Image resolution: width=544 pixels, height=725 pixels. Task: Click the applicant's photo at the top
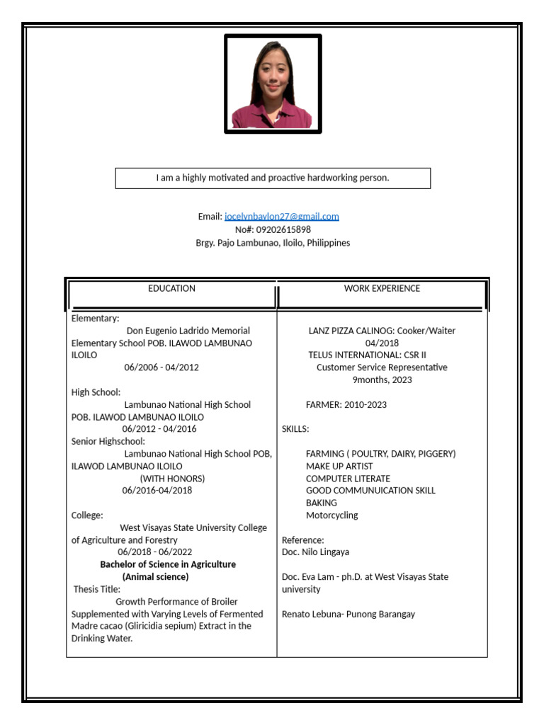[x=273, y=84]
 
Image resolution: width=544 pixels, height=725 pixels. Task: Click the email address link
[x=281, y=217]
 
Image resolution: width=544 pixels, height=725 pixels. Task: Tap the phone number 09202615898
[x=273, y=229]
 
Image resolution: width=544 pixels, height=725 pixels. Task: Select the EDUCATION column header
[x=171, y=289]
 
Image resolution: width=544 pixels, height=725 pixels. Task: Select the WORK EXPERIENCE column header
[x=382, y=289]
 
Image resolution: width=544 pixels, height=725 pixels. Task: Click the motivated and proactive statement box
[x=273, y=178]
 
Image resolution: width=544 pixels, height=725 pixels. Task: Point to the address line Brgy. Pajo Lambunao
[x=273, y=243]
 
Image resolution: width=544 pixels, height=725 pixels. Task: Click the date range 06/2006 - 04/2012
[x=161, y=367]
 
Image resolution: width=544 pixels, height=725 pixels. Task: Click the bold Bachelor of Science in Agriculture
[x=168, y=564]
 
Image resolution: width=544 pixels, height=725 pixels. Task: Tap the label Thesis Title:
[x=97, y=589]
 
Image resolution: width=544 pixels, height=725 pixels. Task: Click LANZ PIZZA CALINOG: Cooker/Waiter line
[x=382, y=331]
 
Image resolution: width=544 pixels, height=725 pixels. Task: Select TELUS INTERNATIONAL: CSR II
[x=366, y=355]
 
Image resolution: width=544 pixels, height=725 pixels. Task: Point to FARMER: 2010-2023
[x=346, y=405]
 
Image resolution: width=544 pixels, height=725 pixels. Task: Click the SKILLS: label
[x=295, y=429]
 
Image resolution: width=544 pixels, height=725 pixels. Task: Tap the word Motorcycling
[x=331, y=515]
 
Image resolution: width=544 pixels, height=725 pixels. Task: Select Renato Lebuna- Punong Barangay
[x=348, y=614]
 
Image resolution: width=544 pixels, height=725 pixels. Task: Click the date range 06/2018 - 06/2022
[x=155, y=552]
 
